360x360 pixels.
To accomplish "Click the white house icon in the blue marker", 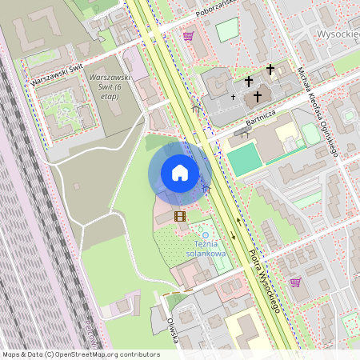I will point(180,173).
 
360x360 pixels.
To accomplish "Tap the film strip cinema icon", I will point(181,215).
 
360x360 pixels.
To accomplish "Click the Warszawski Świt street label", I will point(57,76).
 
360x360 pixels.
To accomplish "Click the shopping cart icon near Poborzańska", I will point(188,36).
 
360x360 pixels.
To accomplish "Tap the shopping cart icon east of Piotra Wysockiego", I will point(295,282).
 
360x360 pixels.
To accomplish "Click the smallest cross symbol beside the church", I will point(234,97).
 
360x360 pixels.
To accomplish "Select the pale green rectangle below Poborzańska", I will point(227,30).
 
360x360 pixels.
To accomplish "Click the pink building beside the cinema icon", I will point(163,211).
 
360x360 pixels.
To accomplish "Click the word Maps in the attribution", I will point(12,354).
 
